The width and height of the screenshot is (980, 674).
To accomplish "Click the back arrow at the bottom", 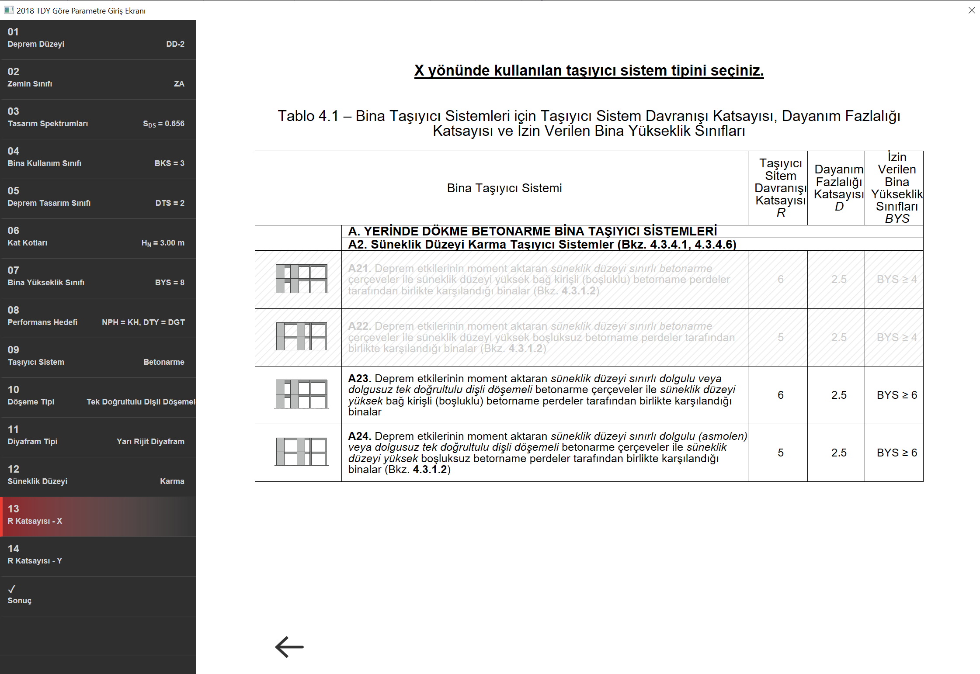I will tap(289, 646).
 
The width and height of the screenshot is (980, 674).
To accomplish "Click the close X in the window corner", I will tap(972, 10).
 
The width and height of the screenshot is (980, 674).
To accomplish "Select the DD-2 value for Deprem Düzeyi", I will tap(175, 44).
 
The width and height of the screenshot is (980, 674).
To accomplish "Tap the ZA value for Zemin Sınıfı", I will tap(179, 84).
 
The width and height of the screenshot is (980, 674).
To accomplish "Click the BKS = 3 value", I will tap(170, 163).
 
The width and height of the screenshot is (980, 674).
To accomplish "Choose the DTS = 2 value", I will tap(170, 203).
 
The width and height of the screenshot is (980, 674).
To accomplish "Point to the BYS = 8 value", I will tap(170, 283).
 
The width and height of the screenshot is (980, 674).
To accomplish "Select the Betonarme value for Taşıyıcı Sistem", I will tap(164, 362).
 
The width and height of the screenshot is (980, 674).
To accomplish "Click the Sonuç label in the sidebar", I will tap(20, 601).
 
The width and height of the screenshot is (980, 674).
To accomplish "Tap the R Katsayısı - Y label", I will tap(35, 561).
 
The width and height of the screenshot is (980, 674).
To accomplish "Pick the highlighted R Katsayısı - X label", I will tap(35, 521).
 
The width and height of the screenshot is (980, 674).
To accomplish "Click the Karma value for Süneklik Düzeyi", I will tap(172, 481).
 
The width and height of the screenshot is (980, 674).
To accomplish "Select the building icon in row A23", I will tap(301, 394).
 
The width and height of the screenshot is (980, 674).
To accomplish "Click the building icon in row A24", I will tap(301, 452).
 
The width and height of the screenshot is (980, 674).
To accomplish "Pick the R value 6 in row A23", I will tap(781, 395).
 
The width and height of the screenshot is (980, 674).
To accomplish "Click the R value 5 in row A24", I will tap(781, 453).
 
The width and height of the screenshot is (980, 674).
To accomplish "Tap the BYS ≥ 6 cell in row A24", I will tap(897, 453).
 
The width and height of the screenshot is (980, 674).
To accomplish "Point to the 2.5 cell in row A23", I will tap(839, 395).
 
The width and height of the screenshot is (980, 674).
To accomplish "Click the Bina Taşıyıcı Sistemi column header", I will tap(504, 188).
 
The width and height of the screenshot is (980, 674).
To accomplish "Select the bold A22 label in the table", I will tap(359, 326).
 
